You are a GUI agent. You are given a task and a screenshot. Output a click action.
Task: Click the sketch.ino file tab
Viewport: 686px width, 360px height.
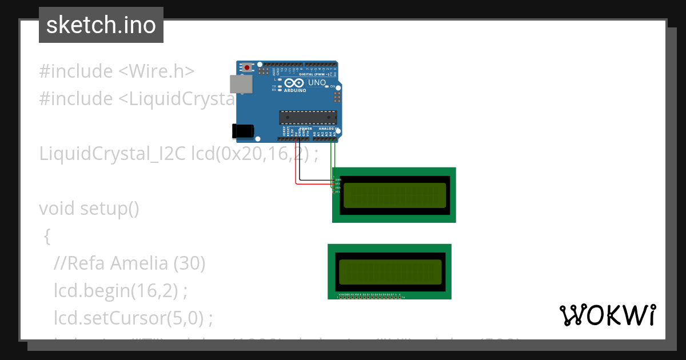click(101, 25)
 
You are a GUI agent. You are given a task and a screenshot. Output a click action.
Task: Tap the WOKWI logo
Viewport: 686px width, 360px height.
click(607, 315)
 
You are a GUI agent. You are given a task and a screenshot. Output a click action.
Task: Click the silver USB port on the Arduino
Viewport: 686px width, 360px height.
click(240, 83)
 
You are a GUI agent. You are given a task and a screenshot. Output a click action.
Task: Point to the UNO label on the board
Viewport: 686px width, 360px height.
click(317, 83)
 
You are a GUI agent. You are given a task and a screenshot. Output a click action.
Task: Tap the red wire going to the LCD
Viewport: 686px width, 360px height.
click(296, 171)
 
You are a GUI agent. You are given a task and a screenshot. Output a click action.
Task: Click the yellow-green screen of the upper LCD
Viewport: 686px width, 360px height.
click(394, 195)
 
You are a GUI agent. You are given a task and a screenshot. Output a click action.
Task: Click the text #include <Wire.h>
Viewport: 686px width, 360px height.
click(117, 71)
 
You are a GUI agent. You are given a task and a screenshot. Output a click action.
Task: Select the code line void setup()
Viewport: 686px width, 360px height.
click(89, 209)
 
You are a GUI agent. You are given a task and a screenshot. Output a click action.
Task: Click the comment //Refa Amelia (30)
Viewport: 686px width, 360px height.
click(129, 263)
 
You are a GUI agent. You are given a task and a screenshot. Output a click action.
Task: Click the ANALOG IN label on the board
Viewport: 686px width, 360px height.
click(327, 129)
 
